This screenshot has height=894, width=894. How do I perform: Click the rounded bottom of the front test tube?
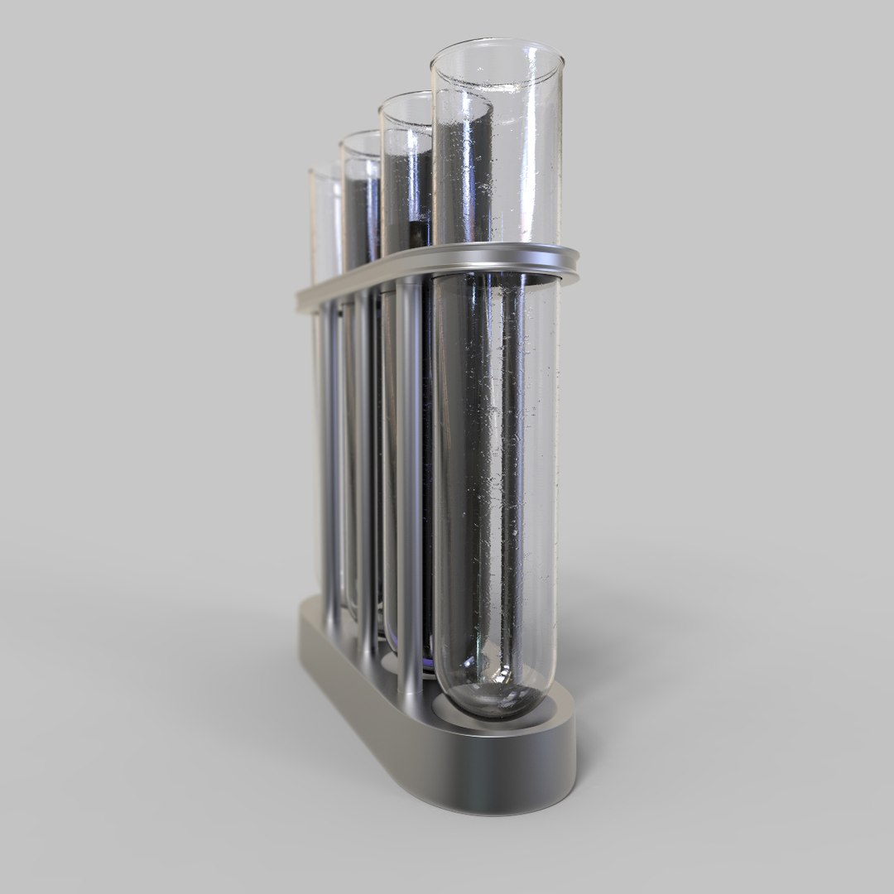click(495, 695)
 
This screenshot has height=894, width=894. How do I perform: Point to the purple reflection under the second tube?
click(426, 662)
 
